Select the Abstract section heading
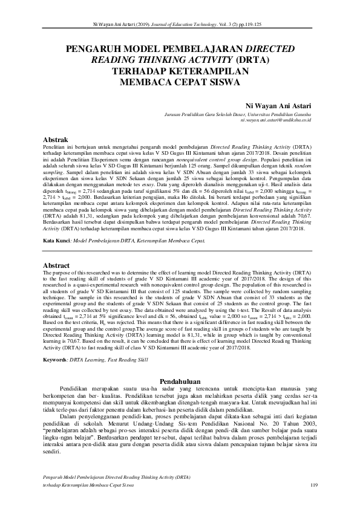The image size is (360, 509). tap(57, 265)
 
